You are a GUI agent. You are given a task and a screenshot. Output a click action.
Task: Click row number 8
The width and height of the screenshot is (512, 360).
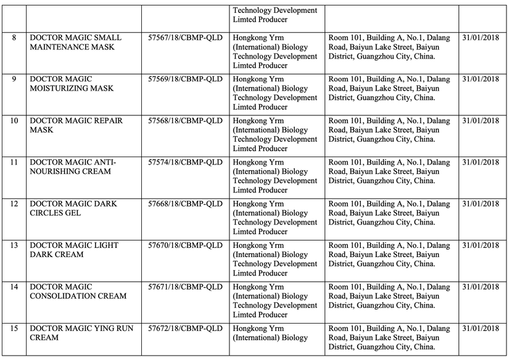[x=14, y=38]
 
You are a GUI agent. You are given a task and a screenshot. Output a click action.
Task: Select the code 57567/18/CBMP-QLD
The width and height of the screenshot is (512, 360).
[x=185, y=38]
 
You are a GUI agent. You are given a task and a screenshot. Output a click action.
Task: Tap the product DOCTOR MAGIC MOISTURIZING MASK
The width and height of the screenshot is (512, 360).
[x=72, y=84]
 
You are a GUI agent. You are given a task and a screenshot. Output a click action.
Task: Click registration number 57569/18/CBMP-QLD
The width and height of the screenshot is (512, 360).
[x=185, y=80]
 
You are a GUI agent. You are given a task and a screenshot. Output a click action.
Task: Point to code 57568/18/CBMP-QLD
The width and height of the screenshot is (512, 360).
[x=185, y=121]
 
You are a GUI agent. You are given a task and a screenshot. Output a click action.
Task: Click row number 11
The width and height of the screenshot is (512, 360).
[x=14, y=163]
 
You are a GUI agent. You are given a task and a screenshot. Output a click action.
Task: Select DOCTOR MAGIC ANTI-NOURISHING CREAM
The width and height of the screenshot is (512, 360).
[x=73, y=167]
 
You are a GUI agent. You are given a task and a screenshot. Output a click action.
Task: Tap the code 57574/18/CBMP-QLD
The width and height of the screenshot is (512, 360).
[x=185, y=163]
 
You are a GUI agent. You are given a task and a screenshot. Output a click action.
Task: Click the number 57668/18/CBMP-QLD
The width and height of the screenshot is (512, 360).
[x=185, y=204]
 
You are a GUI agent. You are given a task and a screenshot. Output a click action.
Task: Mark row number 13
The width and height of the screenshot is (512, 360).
[x=14, y=245]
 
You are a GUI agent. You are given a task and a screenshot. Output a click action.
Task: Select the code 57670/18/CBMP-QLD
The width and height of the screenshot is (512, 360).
[x=185, y=245]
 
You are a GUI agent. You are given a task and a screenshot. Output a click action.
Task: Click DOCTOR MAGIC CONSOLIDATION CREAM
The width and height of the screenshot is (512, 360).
[x=78, y=292]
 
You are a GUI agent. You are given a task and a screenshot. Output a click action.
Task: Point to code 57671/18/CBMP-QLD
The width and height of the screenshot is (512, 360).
[x=185, y=287]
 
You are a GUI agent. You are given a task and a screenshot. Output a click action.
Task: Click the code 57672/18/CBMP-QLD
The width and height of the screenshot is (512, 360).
[x=185, y=329]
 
